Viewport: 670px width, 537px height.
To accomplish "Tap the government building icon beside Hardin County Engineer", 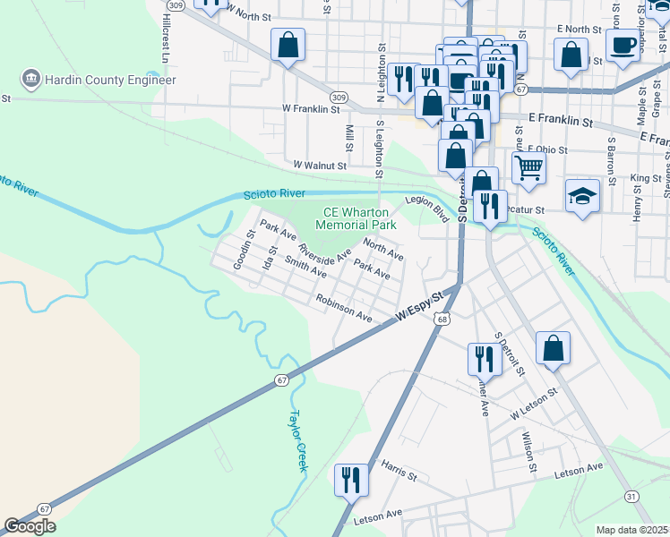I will (x=32, y=80).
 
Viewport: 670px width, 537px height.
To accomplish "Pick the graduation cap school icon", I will (x=582, y=196).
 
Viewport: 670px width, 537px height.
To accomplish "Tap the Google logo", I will (x=30, y=526).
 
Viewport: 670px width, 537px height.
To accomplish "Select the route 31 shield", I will (x=631, y=496).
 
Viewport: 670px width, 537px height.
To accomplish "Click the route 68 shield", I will (x=443, y=318).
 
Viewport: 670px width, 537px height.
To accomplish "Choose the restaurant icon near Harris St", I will (x=351, y=479).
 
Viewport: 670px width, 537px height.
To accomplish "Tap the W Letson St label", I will (x=535, y=405).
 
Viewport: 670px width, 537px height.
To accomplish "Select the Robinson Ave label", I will (x=343, y=310).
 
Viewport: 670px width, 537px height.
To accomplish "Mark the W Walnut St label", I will (x=320, y=166).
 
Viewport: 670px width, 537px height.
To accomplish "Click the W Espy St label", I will (x=421, y=307).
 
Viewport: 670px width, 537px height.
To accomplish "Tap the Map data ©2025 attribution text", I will (x=631, y=530).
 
